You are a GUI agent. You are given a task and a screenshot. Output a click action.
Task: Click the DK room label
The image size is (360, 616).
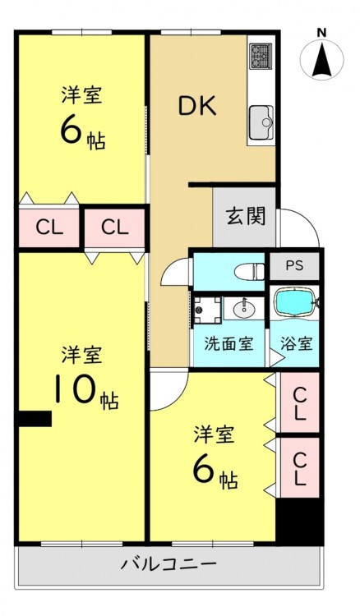pos(197,106)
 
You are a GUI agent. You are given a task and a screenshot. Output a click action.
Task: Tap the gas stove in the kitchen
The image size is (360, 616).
pos(261,56)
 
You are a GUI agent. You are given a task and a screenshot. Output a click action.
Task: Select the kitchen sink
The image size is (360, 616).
pos(261,122)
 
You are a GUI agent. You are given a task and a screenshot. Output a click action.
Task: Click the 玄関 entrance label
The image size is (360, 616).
pos(246,217)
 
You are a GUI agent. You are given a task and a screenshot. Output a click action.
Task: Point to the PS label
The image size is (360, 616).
pos(294,265)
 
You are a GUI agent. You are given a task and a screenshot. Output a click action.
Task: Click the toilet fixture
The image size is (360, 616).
pos(249,271)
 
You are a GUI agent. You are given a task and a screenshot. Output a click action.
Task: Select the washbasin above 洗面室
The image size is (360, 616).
pos(243,308)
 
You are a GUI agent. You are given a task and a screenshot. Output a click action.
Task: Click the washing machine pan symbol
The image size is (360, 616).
pos(207,310)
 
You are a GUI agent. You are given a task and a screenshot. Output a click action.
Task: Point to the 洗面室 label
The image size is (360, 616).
pos(228,344)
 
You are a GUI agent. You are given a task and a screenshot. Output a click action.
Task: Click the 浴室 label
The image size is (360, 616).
pos(297,344)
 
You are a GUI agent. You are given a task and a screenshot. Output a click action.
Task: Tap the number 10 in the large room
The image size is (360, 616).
pos(76,389)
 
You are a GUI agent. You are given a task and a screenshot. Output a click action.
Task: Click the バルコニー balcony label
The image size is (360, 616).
pos(168,565)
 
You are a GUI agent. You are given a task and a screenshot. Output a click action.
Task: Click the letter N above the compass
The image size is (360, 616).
pos(322,33)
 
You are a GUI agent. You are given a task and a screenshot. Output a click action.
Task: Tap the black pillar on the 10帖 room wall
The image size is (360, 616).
pos(35,418)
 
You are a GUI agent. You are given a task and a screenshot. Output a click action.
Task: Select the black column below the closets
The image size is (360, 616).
pos(299,522)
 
